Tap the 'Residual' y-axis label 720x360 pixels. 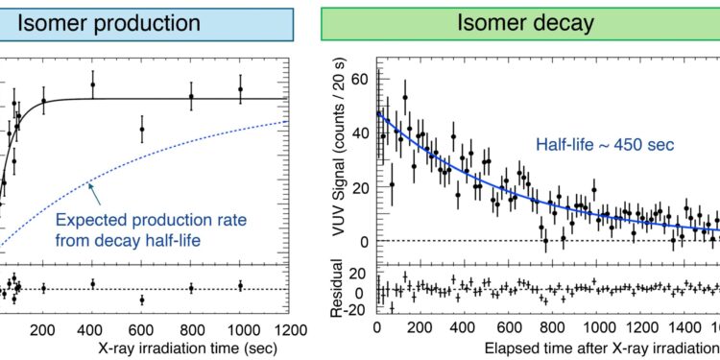(x=337, y=291)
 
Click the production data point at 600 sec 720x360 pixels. (x=142, y=129)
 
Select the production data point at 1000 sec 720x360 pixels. (x=240, y=89)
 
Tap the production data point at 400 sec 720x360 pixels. (x=92, y=84)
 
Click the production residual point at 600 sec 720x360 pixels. (x=142, y=300)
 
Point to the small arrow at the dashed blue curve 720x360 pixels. (x=90, y=186)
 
